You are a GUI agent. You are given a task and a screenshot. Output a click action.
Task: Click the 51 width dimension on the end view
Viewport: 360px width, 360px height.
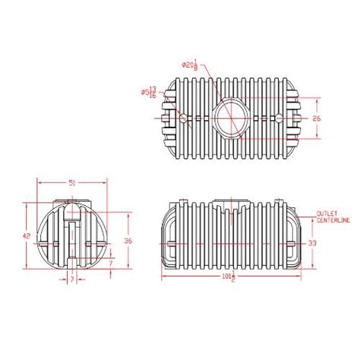click(71, 183)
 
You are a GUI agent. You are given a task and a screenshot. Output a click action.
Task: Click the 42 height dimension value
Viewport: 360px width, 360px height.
click(27, 236)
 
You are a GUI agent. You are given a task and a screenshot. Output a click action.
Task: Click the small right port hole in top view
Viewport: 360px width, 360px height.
click(279, 118)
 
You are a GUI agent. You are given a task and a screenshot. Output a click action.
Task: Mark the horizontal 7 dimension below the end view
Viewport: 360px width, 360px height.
click(72, 280)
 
